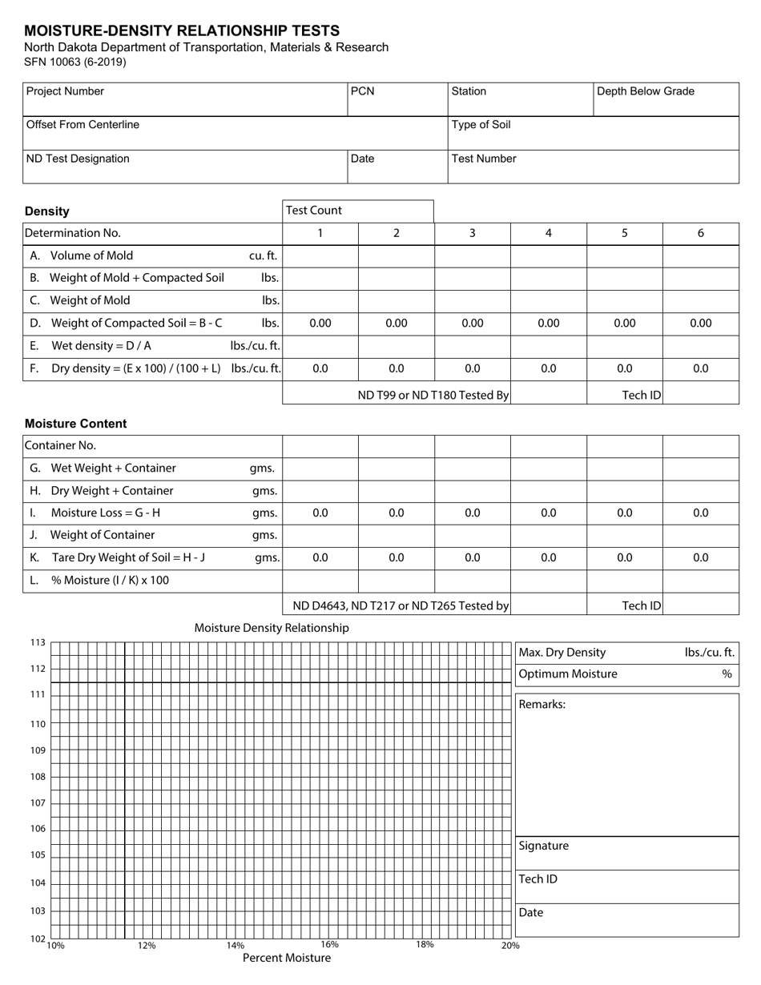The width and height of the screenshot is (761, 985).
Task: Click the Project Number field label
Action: [65, 91]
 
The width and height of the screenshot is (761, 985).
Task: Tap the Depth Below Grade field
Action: [665, 98]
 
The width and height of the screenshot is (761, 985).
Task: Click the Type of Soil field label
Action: [481, 125]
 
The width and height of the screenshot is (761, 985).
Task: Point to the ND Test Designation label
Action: [78, 159]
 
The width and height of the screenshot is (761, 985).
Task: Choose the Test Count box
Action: [357, 211]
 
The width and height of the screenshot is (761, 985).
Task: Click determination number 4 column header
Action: [548, 233]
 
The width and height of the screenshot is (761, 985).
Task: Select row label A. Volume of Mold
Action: [91, 255]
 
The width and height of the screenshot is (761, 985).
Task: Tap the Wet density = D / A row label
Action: [101, 346]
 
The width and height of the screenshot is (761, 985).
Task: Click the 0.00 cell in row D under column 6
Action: [700, 324]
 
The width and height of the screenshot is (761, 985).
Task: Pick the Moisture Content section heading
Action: [75, 424]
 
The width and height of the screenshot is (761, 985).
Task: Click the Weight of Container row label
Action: [102, 535]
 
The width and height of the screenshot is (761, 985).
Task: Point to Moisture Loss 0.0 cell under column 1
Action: [320, 513]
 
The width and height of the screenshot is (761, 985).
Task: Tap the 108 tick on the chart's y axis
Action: [38, 777]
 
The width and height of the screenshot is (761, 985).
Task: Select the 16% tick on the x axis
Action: [329, 945]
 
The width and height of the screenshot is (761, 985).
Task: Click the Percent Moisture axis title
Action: [286, 958]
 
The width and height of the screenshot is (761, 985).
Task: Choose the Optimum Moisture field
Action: [625, 674]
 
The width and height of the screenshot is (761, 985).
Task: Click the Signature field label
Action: [543, 846]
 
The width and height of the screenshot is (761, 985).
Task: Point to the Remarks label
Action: [542, 704]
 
